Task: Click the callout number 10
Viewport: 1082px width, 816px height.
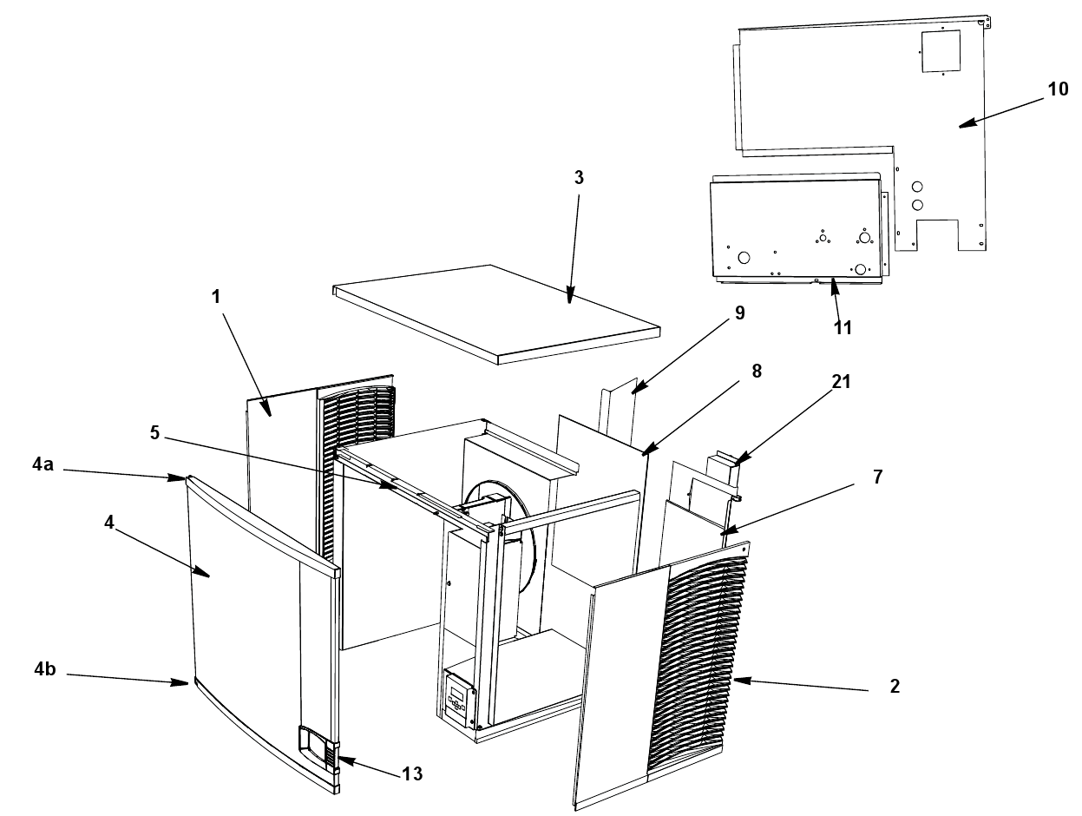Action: coord(1058,89)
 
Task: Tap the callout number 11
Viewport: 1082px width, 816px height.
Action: coord(843,328)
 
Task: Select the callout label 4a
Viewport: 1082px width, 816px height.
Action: coord(43,464)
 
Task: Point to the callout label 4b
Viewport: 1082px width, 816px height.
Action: coord(45,669)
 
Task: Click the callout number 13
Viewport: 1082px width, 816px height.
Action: coord(412,774)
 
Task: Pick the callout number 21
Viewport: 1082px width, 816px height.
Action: coord(841,381)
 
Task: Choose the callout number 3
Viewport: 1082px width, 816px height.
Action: coord(579,177)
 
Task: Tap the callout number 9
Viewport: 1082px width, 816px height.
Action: coord(740,313)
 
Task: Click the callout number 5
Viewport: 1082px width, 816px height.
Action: coord(154,432)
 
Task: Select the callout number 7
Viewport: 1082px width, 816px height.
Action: coord(878,477)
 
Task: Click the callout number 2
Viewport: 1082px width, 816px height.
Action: coord(895,687)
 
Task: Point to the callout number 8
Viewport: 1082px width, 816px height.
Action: coord(757,372)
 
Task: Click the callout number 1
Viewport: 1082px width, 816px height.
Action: coord(215,297)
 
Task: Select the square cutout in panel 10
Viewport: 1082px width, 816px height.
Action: coord(941,51)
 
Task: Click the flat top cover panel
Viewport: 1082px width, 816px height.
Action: coord(496,314)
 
